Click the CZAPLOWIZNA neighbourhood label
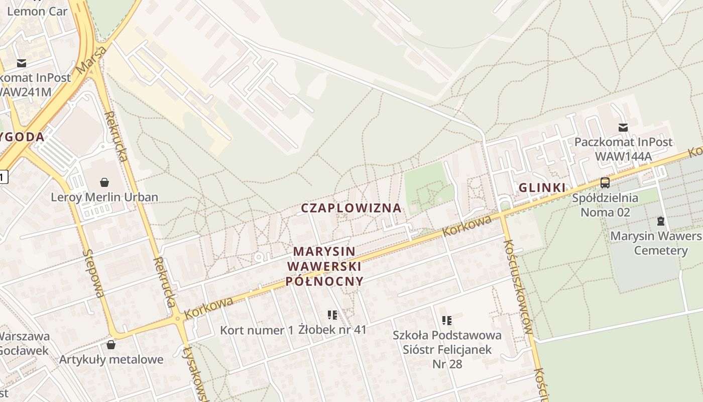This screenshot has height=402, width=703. pos(351,208)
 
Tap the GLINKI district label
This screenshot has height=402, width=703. pos(542,188)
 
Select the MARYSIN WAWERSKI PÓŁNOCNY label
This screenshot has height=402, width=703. pos(324,266)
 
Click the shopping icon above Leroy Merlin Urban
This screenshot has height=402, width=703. pos(104,182)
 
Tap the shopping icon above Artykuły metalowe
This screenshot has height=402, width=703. pos(111,345)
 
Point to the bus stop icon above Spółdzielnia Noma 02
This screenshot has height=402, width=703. pos(605,183)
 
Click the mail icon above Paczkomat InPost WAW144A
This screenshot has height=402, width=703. pos(623,128)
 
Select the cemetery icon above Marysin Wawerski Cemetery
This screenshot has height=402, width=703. pos(661,221)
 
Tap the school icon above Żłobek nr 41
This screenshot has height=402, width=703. pos(332,315)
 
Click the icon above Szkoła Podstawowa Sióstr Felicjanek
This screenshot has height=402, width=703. pos(447,320)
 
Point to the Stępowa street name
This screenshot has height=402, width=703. pos(94,273)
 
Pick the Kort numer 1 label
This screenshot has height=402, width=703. pos(257,330)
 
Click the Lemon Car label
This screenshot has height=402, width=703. pos(37,11)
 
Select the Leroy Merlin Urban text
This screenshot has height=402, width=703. pos(104,197)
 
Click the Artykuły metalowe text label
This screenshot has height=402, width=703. pos(111,359)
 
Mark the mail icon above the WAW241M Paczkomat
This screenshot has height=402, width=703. pos(21,63)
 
